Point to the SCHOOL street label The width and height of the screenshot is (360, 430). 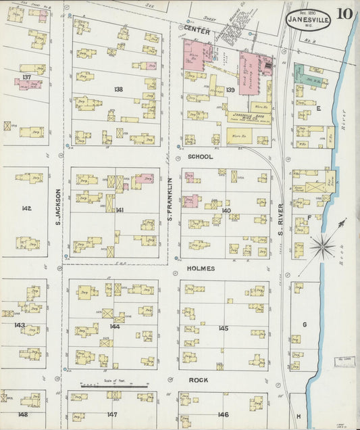coord(201,156)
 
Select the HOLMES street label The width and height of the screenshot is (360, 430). coord(201,268)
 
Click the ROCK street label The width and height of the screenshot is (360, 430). coord(197,380)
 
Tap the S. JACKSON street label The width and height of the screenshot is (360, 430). coord(59,206)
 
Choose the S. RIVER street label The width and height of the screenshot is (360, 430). coord(280,218)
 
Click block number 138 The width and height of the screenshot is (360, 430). coord(119,89)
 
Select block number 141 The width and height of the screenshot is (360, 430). coord(120,210)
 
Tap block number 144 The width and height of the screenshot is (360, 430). coord(115,326)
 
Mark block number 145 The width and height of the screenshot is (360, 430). coord(223,328)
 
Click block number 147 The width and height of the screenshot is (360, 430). coord(112,414)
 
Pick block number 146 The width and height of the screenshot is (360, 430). coord(223,414)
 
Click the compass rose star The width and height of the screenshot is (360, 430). coord(323,246)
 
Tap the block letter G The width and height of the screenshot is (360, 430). coord(305,325)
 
